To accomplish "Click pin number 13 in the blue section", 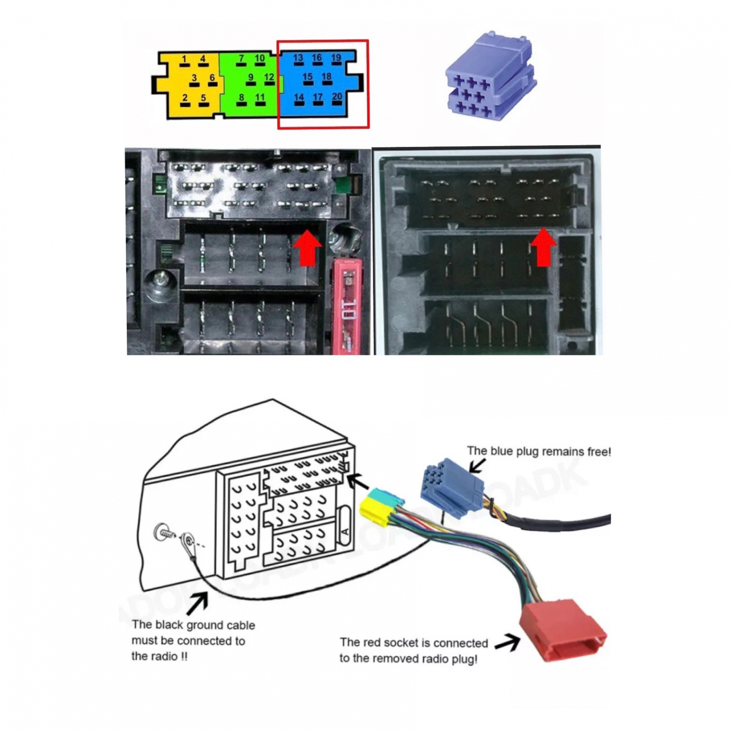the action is pyautogui.click(x=298, y=61).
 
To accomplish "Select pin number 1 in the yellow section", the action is pyautogui.click(x=184, y=61).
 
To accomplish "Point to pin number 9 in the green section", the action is pyautogui.click(x=250, y=80).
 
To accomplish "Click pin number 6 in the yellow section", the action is pyautogui.click(x=212, y=80).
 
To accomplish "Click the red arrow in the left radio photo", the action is pyautogui.click(x=308, y=247).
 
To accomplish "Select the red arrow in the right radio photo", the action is pyautogui.click(x=543, y=247).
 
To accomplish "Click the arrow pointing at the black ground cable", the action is pyautogui.click(x=197, y=603).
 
